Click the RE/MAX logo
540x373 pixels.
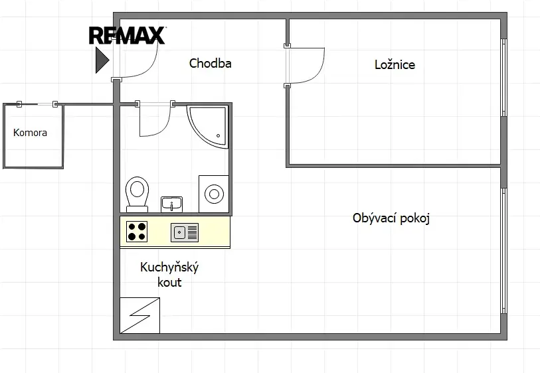(x=127, y=35)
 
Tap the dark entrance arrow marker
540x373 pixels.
(x=102, y=60)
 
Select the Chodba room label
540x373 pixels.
(x=210, y=63)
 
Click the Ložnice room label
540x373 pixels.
(x=395, y=64)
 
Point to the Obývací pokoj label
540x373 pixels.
(x=391, y=218)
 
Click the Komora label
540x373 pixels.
(x=30, y=133)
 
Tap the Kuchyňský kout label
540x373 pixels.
(x=169, y=275)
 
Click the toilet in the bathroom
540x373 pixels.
(x=137, y=194)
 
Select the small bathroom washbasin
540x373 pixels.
(x=171, y=204)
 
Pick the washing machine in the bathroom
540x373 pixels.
(x=213, y=194)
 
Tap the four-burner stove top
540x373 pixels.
(x=137, y=232)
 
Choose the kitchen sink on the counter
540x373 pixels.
(x=185, y=232)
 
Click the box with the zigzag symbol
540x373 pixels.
(x=140, y=315)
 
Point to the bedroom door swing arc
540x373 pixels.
(x=317, y=70)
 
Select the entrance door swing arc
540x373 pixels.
(x=150, y=66)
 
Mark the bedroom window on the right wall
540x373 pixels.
(x=503, y=78)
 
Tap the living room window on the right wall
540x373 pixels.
(x=503, y=251)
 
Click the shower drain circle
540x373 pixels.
(x=218, y=136)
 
